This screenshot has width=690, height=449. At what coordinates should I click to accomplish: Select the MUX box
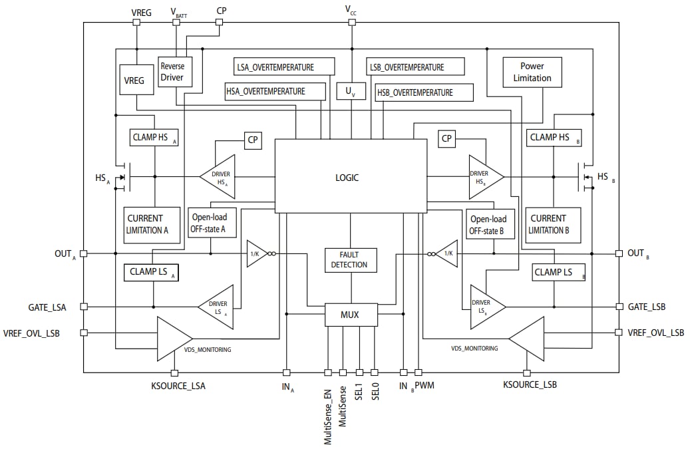[x=351, y=315]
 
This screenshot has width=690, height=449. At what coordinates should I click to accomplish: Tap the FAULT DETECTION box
[x=350, y=259]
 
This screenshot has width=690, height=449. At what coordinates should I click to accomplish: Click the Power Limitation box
[x=532, y=72]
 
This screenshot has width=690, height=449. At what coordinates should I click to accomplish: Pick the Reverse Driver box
[x=172, y=72]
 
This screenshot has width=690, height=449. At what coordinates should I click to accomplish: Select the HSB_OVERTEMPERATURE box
[x=425, y=92]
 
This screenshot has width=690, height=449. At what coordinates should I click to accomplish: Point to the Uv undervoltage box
[x=351, y=91]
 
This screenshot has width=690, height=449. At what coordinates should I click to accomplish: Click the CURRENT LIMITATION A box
[x=152, y=224]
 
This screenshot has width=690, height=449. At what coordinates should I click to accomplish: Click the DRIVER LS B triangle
[x=484, y=307]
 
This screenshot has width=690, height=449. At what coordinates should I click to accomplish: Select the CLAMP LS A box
[x=151, y=272]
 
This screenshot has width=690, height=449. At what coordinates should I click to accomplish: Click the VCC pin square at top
[x=352, y=22]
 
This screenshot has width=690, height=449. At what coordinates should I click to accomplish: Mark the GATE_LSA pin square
[x=83, y=307]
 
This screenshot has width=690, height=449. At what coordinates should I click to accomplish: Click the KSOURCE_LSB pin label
[x=530, y=385]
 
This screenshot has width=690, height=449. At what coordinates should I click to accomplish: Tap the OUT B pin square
[x=619, y=253]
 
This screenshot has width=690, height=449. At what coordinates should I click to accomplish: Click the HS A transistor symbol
[x=124, y=177]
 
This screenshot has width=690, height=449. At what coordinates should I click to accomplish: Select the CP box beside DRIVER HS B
[x=446, y=139]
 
